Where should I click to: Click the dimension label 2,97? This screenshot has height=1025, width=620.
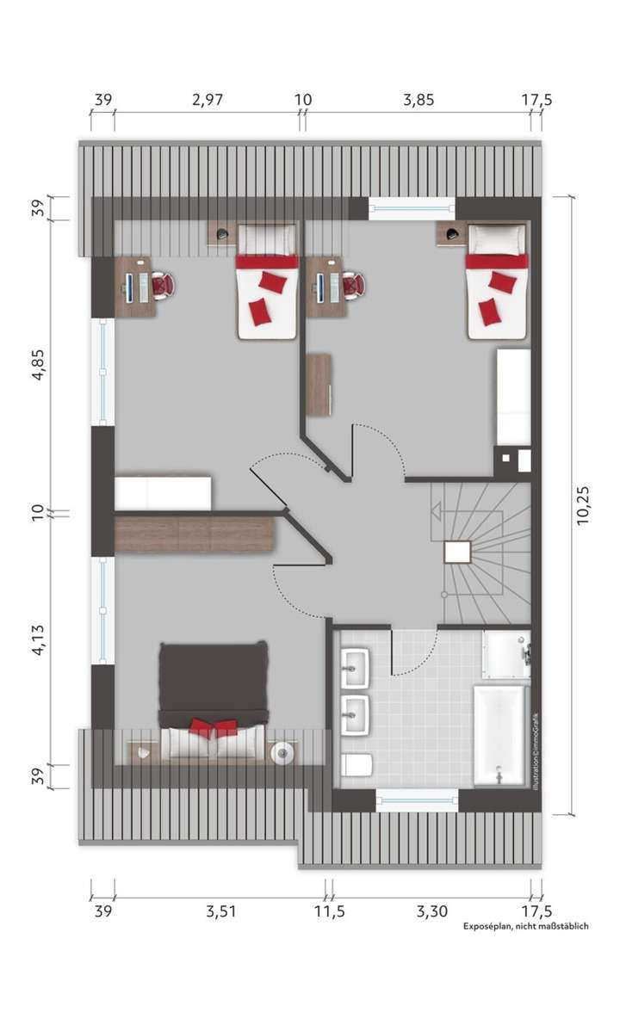208,100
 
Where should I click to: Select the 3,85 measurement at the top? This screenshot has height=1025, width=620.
418,100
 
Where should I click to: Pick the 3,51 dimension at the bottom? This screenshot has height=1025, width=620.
220,910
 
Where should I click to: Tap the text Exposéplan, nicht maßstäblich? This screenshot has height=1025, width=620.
525,926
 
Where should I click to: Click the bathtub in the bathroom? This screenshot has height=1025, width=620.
499,735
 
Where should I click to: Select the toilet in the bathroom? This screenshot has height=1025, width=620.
356,764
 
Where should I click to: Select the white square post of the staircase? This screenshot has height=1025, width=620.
457,552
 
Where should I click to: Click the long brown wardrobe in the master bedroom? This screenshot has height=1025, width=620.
195,534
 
